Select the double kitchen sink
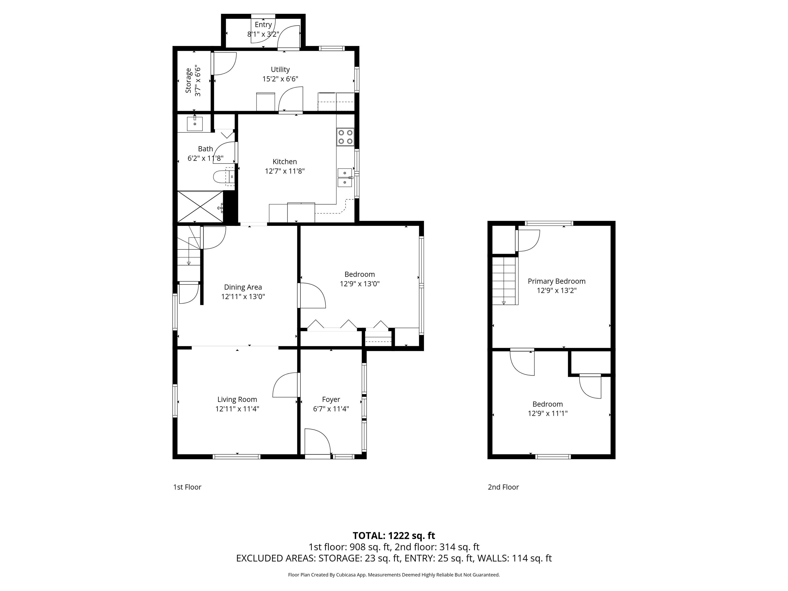(345, 178)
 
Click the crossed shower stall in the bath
(200, 206)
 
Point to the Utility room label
(280, 70)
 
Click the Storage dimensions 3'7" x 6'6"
(198, 82)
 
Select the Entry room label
(263, 25)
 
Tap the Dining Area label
(243, 287)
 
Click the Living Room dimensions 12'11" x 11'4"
(237, 409)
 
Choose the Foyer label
(331, 399)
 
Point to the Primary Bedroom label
(556, 281)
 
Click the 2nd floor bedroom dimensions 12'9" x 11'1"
(548, 413)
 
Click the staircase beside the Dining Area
(189, 246)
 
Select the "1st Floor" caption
(188, 487)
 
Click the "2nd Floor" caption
(503, 487)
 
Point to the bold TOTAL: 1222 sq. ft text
(394, 536)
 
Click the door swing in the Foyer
(318, 441)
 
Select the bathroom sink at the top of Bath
(195, 124)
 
